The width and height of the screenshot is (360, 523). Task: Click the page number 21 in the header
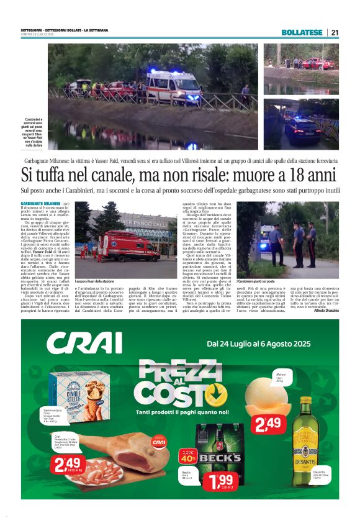335,32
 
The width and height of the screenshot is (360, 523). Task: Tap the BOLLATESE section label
302,32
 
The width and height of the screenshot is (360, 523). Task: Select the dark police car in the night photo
304,130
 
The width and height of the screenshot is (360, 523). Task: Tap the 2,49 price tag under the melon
268,426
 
